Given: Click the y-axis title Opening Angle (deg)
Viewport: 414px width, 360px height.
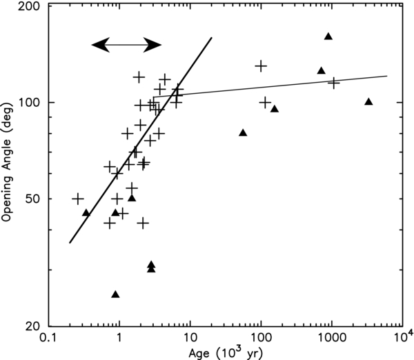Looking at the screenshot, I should coord(10,166).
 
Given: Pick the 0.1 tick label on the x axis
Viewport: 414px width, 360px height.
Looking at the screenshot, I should coord(48,339).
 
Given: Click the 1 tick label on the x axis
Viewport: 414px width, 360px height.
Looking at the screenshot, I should coord(119,339).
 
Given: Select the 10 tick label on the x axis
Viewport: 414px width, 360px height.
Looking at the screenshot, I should coord(190,339).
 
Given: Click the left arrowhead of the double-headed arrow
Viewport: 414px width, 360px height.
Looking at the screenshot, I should coord(100,45).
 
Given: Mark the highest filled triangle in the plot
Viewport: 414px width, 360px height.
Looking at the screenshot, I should coord(328,36).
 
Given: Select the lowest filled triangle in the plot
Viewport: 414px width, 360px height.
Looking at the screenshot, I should coord(115,294).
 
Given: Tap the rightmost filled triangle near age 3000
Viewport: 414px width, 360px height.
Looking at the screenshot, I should coord(368,101).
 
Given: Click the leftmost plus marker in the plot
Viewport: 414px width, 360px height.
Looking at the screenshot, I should coord(78,199).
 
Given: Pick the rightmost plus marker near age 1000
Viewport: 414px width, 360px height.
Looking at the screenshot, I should coord(334,83).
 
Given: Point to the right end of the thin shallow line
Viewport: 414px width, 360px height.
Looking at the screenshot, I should coord(386,76).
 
